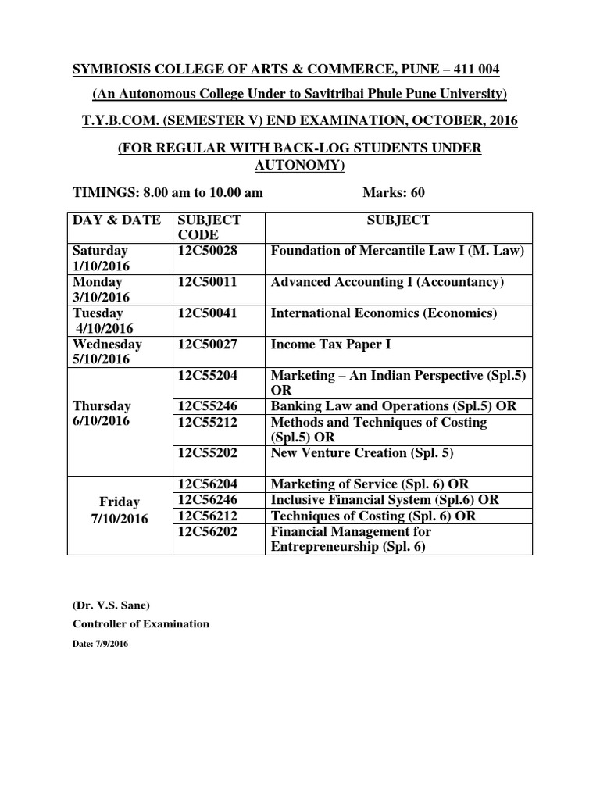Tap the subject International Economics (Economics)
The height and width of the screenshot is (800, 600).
[x=384, y=313]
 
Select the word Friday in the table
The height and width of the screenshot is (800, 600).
[x=120, y=502]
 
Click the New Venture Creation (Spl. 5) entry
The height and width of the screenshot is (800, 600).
[x=362, y=453]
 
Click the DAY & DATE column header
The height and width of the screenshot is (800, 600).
[x=116, y=220]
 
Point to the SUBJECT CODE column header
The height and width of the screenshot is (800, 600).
[x=209, y=227]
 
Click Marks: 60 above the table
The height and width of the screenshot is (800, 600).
[x=394, y=193]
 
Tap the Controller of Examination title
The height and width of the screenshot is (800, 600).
[x=141, y=624]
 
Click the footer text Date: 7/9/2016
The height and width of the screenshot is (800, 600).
[x=101, y=645]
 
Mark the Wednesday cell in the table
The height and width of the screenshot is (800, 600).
[x=107, y=345]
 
